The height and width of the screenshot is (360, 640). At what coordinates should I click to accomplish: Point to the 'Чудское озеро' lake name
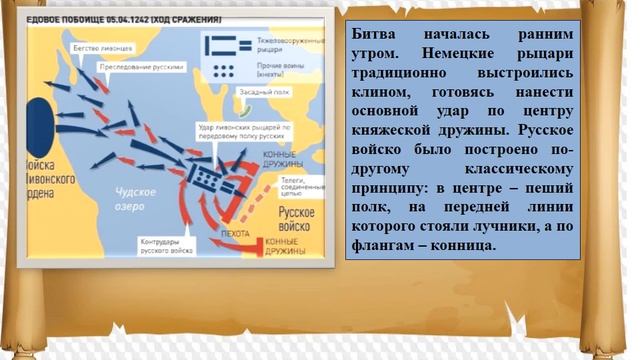[140, 200]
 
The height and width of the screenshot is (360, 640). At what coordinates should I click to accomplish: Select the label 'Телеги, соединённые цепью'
[297, 188]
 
